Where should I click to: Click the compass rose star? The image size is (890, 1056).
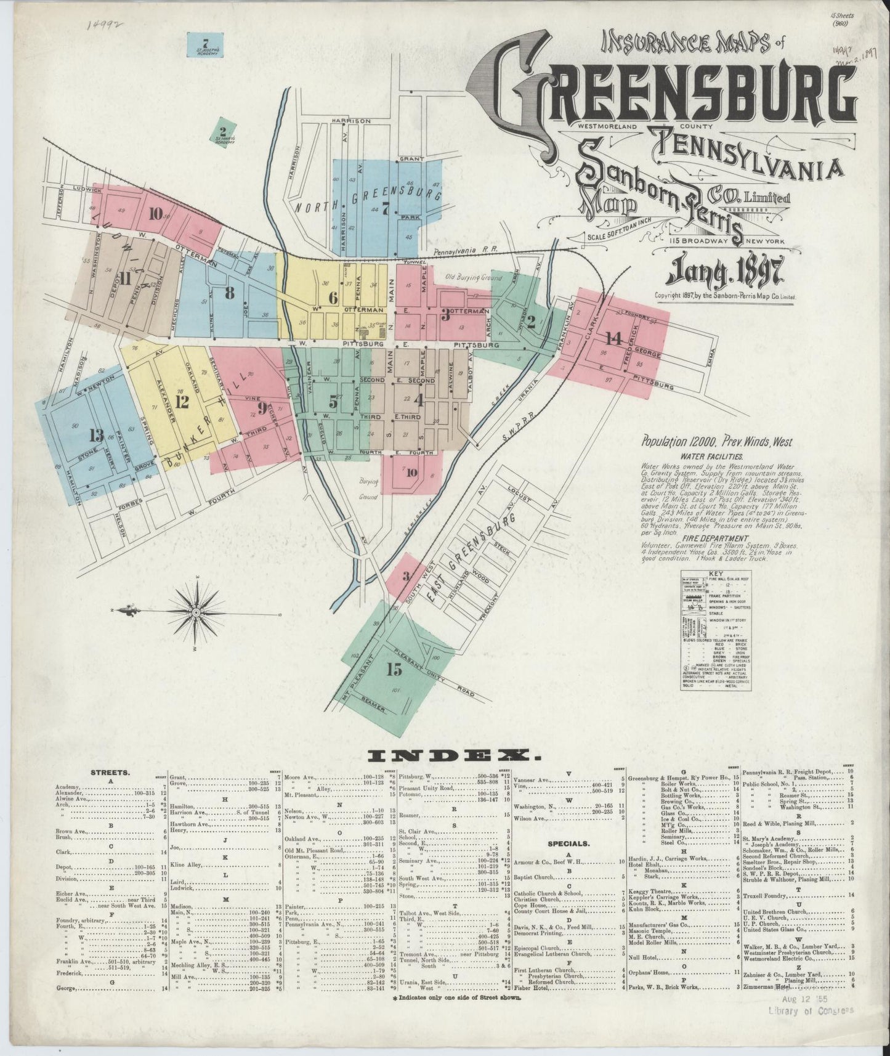[195, 612]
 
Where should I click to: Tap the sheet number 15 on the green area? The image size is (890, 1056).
[395, 671]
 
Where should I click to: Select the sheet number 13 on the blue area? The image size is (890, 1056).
[96, 436]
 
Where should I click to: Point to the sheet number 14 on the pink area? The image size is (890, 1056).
[613, 338]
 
